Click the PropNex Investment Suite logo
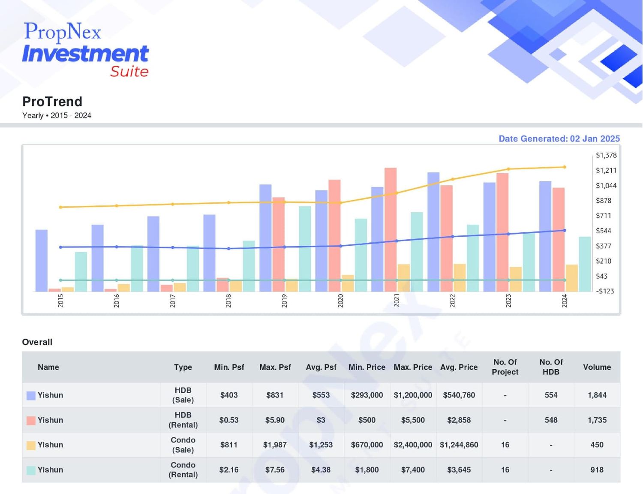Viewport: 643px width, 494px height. [x=85, y=50]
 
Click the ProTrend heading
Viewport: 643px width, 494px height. [x=52, y=102]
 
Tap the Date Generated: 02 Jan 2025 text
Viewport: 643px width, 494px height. [x=559, y=139]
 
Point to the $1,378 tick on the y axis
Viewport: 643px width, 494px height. [x=606, y=155]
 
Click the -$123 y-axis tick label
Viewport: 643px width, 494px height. [x=605, y=291]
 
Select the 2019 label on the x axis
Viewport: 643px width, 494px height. [x=284, y=301]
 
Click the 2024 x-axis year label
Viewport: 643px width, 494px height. [x=564, y=301]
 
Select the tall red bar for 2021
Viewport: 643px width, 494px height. [x=391, y=230]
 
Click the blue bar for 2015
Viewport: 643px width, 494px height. [x=42, y=260]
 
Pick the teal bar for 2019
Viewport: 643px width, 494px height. [x=305, y=249]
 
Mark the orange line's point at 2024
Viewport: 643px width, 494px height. [x=564, y=167]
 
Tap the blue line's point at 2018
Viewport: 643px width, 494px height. [x=228, y=249]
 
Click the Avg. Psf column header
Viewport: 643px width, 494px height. [x=321, y=367]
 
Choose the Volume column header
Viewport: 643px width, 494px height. [x=597, y=367]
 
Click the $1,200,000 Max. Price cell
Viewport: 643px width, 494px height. [x=413, y=395]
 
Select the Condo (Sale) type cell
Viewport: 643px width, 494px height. [x=183, y=445]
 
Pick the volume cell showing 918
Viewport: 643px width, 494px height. [x=597, y=470]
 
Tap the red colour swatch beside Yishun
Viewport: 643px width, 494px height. [x=31, y=421]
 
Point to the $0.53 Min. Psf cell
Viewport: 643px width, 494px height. [x=229, y=420]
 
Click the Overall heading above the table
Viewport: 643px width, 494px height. [x=37, y=342]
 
